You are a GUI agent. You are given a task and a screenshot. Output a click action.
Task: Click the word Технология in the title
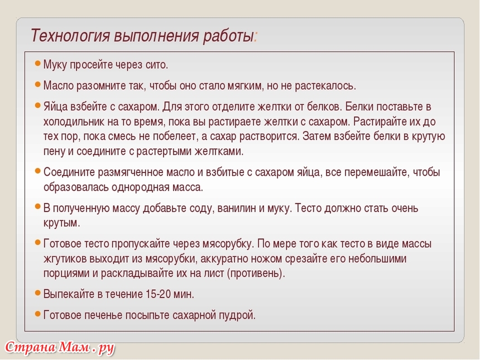(70, 36)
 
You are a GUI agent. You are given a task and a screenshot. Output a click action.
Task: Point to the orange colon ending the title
(256, 37)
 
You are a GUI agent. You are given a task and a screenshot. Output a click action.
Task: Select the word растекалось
(325, 86)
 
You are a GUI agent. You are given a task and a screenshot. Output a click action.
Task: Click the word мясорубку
(228, 244)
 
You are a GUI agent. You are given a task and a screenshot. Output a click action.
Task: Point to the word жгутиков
(65, 258)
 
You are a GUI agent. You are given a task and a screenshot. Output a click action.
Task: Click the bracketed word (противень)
(256, 273)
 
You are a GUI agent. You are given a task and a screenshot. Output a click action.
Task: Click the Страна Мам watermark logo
(60, 348)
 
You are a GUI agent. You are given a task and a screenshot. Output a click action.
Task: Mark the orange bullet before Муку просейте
(37, 64)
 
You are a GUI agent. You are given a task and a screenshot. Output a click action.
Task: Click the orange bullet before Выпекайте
(37, 292)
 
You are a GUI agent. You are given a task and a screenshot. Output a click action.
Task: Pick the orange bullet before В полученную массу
(37, 207)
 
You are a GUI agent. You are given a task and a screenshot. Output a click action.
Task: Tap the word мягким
(245, 86)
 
